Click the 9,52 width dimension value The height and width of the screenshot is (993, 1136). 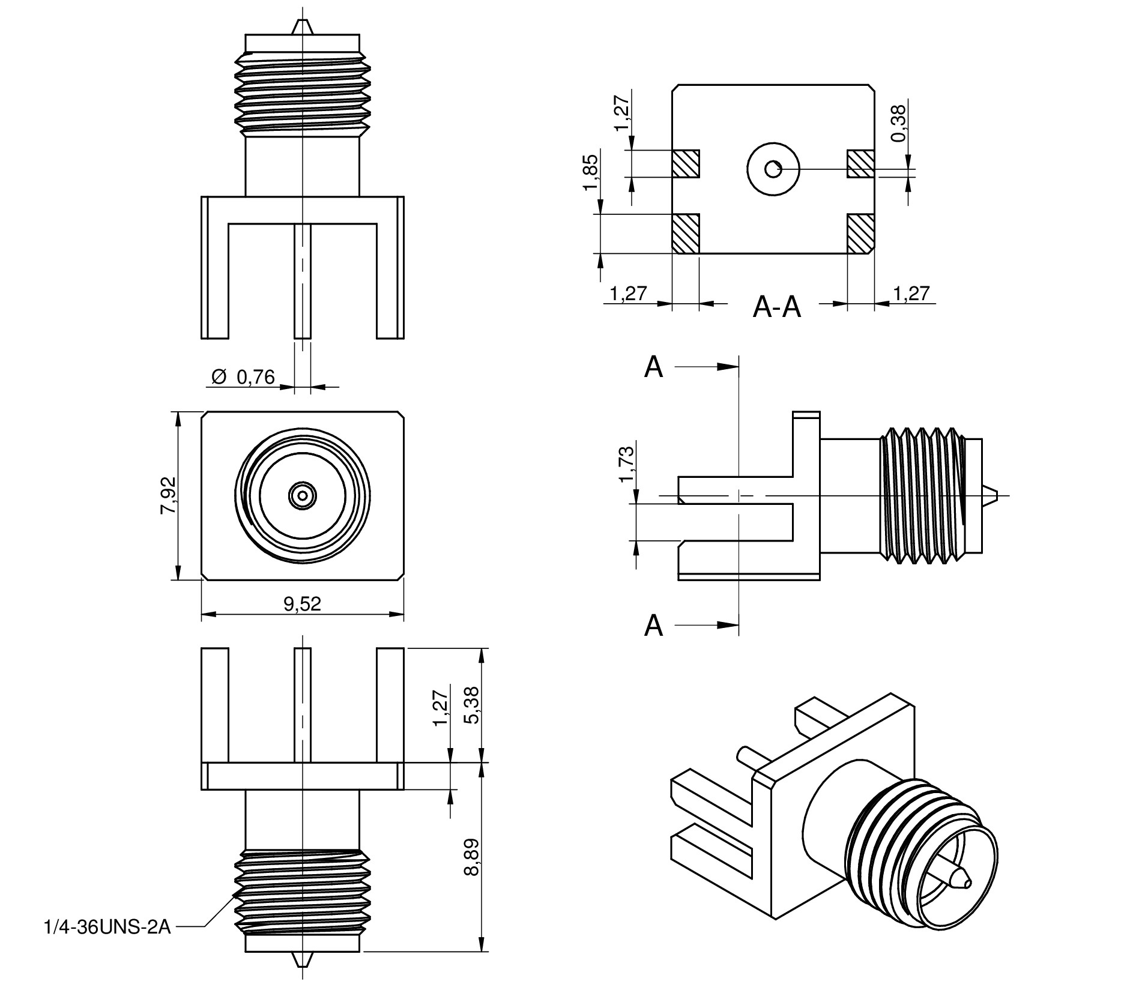point(302,603)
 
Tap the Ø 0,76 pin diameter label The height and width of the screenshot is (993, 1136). point(243,377)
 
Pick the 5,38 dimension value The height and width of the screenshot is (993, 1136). point(472,705)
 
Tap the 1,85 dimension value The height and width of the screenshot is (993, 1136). point(591,172)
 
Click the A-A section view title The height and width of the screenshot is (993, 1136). point(776,307)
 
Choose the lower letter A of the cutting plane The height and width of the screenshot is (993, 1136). point(653,626)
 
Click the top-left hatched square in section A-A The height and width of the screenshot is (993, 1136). point(686,163)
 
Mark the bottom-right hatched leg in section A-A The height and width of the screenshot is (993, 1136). point(860,234)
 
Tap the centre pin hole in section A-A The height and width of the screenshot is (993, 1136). point(773,169)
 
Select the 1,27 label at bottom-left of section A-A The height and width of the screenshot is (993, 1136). point(628,294)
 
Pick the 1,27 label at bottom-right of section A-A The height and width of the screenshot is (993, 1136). point(911,294)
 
